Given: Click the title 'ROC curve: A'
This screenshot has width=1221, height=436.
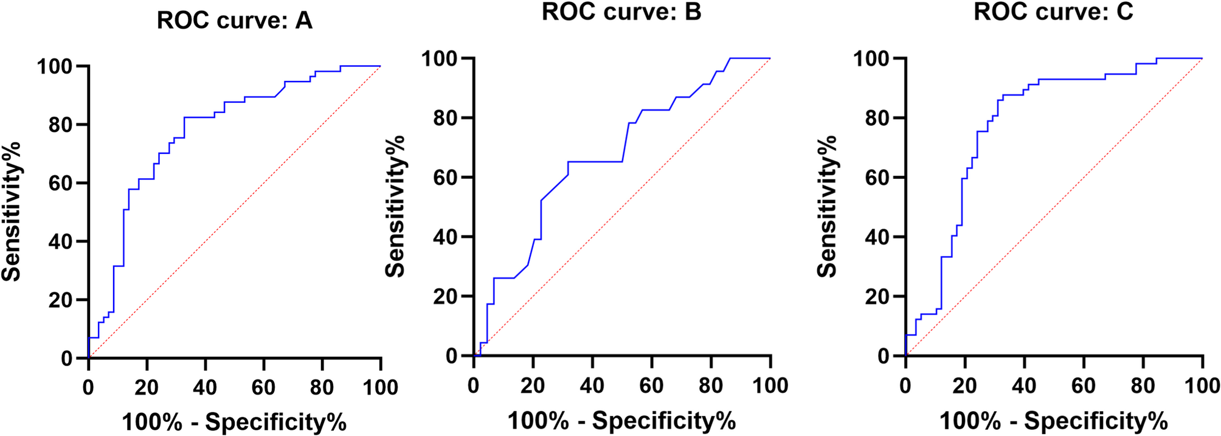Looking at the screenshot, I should (234, 21).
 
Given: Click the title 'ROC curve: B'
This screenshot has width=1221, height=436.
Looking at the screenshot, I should (621, 12).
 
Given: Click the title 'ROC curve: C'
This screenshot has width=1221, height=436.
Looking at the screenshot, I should (1053, 12).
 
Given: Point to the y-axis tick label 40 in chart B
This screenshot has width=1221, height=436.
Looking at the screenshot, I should (446, 237).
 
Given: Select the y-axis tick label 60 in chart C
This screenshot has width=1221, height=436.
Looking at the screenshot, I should (877, 178).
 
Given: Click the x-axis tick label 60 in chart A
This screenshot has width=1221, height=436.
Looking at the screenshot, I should (263, 387).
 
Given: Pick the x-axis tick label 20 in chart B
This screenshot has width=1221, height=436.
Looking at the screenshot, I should (533, 385).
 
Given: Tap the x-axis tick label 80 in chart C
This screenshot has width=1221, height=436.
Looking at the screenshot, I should (1143, 385).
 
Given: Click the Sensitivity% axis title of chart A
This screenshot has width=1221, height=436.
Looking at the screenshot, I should (12, 212).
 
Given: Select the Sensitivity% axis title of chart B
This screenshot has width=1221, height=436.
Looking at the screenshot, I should (396, 207).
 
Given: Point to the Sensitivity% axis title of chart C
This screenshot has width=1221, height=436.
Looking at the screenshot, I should (828, 207).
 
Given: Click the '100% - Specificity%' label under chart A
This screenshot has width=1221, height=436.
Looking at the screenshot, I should (234, 421).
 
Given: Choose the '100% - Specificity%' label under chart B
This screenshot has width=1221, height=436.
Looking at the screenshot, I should (621, 420).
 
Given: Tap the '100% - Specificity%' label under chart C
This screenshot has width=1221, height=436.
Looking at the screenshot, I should (1053, 420).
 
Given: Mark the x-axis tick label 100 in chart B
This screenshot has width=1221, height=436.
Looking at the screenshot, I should (770, 385).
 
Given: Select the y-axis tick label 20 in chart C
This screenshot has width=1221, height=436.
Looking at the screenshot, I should (877, 297).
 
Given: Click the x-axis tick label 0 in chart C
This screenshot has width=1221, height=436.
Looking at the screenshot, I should (905, 385).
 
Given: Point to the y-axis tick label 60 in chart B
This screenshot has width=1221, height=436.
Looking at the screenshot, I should (446, 178).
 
